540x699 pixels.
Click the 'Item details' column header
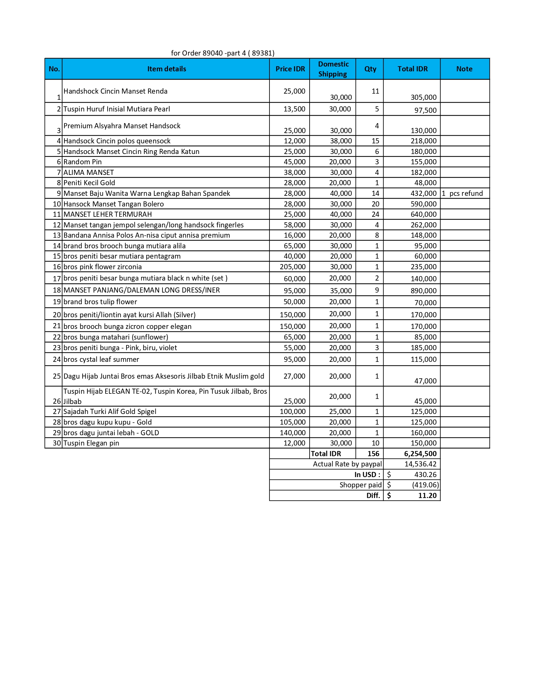coord(167,69)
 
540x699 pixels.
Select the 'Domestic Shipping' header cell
coord(333,69)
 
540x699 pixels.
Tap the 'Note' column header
coord(464,69)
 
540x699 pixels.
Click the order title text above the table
coord(223,53)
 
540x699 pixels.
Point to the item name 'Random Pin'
coord(83,162)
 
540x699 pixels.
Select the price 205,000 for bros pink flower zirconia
coord(290,267)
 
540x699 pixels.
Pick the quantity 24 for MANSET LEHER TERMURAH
coord(375,214)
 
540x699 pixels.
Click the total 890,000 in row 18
coord(423,291)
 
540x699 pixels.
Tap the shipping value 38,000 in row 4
coord(341,141)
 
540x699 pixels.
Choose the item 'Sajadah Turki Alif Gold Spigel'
coord(110,412)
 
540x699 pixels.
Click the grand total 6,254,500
coord(420,454)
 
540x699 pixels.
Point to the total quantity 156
coord(373,454)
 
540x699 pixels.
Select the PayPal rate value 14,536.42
coord(420,464)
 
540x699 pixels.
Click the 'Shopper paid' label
coord(360,485)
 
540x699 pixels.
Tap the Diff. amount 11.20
coord(427,496)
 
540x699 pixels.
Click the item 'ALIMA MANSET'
coord(88,173)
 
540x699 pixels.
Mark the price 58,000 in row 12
coord(295,225)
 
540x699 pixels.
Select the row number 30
coord(57,443)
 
